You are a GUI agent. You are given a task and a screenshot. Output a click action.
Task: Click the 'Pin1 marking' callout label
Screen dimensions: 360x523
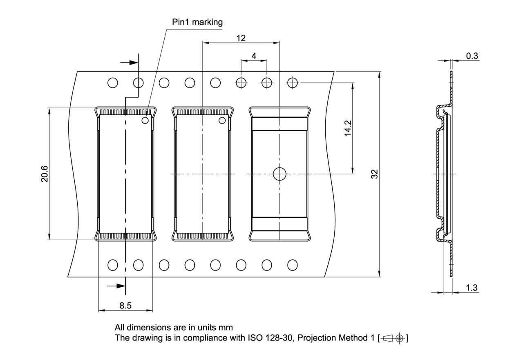[197, 22]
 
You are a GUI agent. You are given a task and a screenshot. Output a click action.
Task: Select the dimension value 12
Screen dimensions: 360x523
[241, 38]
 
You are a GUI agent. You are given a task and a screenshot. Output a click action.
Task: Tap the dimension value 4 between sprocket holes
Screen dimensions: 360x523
[254, 56]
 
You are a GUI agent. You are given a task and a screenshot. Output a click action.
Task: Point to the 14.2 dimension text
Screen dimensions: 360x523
[348, 128]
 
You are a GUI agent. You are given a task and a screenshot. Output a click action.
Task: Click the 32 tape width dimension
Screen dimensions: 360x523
[375, 174]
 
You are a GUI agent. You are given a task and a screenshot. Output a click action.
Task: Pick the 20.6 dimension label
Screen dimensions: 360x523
[44, 174]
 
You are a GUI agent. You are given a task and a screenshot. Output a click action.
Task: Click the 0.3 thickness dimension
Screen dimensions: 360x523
[472, 56]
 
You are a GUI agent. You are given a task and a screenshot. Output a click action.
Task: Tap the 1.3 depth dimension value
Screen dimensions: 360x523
[472, 288]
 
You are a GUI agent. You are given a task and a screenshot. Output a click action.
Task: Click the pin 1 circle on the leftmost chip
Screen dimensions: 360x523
[145, 120]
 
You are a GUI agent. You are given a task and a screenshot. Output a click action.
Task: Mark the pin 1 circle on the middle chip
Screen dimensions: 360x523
[222, 120]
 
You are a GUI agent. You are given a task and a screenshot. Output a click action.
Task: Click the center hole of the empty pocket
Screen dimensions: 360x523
[279, 174]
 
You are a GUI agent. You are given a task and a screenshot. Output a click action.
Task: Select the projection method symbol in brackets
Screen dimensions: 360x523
[393, 338]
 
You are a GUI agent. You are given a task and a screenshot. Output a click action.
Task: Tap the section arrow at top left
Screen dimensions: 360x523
[130, 63]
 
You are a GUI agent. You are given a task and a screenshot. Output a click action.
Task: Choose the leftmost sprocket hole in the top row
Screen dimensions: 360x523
[113, 83]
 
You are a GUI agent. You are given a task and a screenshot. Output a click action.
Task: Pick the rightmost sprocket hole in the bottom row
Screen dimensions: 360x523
[292, 265]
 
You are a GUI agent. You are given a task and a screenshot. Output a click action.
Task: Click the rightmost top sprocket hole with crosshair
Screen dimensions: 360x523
[292, 83]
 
